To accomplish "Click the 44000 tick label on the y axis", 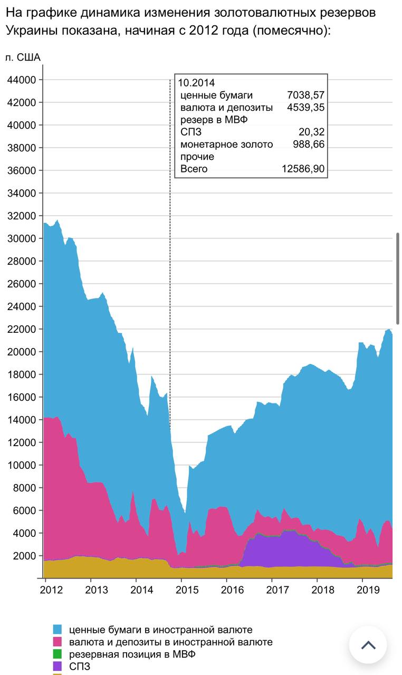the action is point(22,80).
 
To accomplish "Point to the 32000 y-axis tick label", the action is point(22,216).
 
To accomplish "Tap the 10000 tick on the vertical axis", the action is point(22,465).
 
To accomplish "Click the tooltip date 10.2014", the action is point(196,83).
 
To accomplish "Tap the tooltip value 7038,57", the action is point(305,95).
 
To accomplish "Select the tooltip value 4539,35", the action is point(305,108).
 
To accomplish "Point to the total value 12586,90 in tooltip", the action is point(303,169).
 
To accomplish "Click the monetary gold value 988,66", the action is point(309,144).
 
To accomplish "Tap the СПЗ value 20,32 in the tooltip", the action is point(312,132).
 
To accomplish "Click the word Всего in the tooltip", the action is point(194,169).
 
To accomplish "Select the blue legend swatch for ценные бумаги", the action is point(58,630).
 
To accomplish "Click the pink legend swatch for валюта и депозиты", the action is point(58,642).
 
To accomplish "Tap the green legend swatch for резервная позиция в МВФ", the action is point(58,654).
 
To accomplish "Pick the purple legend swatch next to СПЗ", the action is point(58,666).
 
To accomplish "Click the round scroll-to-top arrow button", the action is point(368,645).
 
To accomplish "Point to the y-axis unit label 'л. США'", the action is point(23,57).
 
